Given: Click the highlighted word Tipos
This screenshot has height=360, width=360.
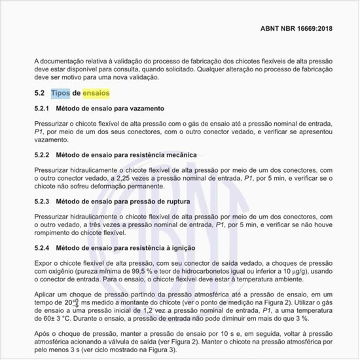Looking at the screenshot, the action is (x=60, y=93).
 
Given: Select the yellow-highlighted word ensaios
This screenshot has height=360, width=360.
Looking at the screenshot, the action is (x=96, y=93).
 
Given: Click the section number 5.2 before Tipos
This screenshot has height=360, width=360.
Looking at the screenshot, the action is (x=39, y=93).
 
